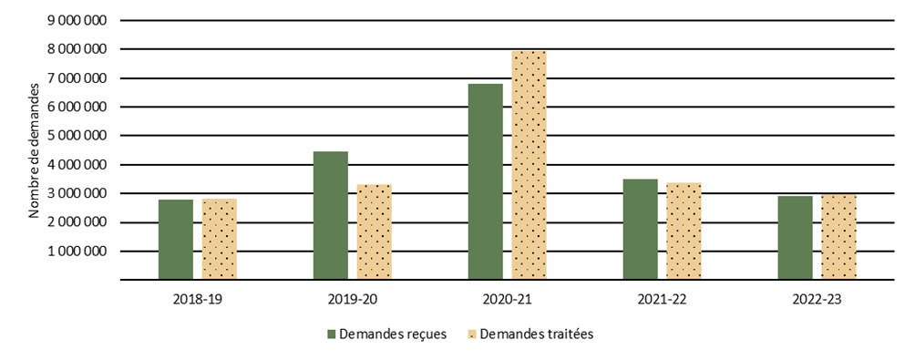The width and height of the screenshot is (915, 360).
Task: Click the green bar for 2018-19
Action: pos(175,240)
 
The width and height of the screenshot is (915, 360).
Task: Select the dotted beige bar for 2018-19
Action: pos(219,240)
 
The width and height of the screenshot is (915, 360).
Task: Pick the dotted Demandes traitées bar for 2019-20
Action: pos(374,232)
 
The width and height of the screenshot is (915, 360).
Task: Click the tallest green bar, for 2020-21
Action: pos(485,182)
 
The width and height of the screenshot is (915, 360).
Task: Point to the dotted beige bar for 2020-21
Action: pos(529,166)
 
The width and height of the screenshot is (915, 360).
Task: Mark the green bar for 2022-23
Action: pos(795,238)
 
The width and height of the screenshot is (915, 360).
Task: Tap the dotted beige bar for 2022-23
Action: pos(838,237)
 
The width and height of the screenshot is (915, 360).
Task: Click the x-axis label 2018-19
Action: pos(197,298)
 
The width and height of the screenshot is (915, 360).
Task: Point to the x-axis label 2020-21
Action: pos(507,298)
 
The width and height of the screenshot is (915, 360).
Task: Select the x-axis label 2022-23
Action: pos(817,298)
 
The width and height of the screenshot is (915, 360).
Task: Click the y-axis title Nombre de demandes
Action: pos(34,150)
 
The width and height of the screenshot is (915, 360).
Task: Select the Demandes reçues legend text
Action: pos(392,334)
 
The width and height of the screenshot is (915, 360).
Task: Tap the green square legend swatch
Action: pos(332,334)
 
